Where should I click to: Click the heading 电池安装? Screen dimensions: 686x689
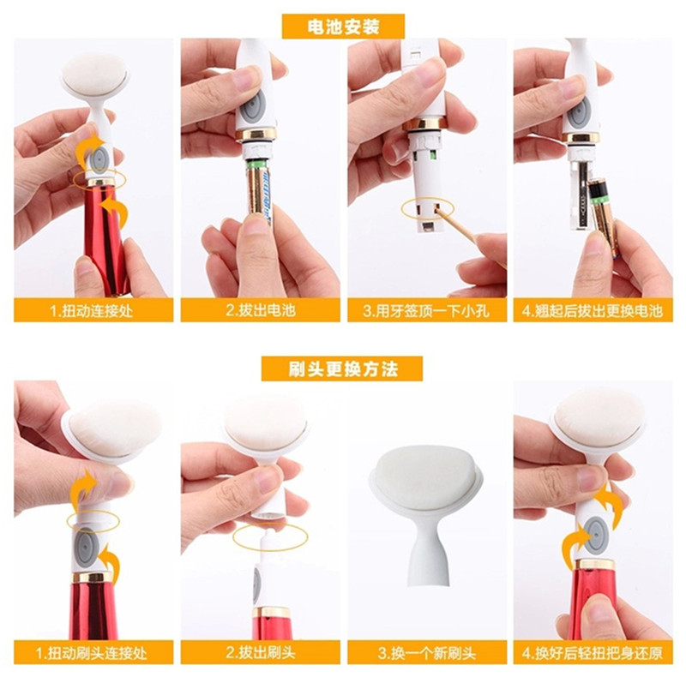coord(343,27)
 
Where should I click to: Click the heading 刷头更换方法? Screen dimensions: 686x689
coord(343,368)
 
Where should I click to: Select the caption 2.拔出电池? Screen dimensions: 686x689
coord(261,310)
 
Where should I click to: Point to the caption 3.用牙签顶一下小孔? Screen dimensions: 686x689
coord(426,311)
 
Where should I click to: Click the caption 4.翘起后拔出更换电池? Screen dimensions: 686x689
coord(593,311)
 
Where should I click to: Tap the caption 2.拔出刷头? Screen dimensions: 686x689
coord(261,652)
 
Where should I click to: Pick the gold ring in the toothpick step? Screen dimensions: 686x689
coord(425,124)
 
